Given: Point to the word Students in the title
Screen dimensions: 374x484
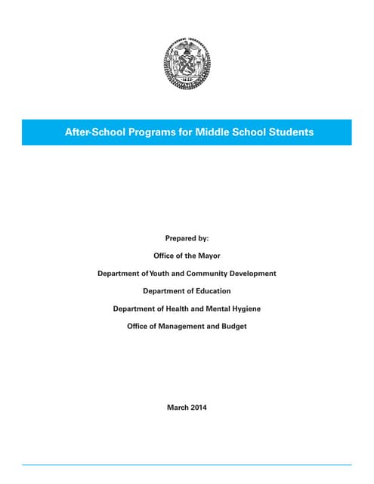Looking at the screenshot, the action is pyautogui.click(x=287, y=132).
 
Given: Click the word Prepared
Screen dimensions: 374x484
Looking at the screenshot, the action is pyautogui.click(x=181, y=238).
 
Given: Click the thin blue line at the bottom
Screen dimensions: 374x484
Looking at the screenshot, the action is pyautogui.click(x=187, y=464).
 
